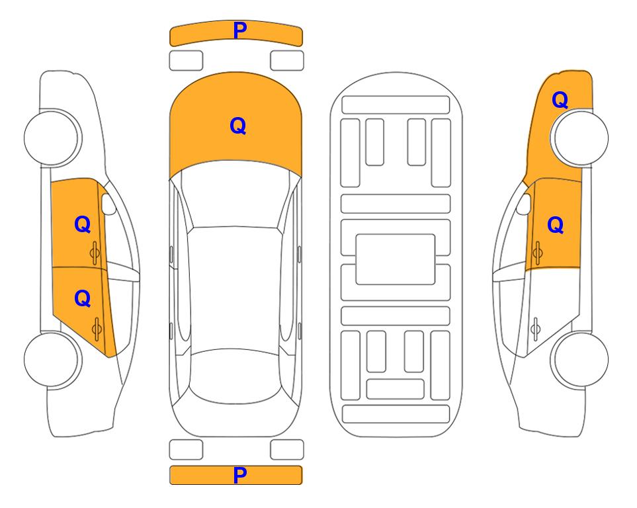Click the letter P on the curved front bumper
point(239,30)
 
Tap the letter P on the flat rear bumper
point(239,475)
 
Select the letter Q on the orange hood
point(237,126)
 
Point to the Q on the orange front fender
point(560,100)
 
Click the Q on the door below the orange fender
point(556,225)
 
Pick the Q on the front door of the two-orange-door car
point(83,224)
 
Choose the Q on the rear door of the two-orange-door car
point(83,299)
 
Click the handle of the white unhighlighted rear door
point(536,329)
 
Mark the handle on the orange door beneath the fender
point(538,253)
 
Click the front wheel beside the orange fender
point(579,138)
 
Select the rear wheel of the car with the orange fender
point(579,359)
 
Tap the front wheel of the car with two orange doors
point(53,138)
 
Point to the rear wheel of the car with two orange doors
point(53,359)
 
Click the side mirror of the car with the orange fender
point(524,204)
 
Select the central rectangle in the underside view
point(396,259)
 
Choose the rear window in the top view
point(235,376)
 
